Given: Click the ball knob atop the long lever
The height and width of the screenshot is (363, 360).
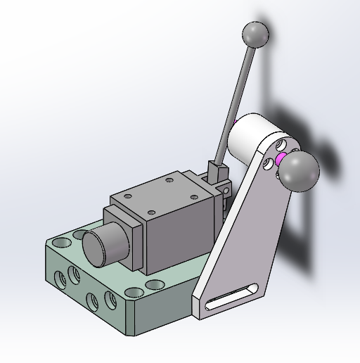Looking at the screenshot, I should click(x=255, y=33).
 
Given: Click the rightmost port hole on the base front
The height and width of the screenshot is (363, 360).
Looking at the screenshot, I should click(x=110, y=299).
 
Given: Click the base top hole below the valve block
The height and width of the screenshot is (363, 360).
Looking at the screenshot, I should click(x=154, y=285).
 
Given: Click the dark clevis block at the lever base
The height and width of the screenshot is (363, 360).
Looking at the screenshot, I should click(x=217, y=172).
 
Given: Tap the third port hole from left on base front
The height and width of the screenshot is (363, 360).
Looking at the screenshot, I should click(x=91, y=301).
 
